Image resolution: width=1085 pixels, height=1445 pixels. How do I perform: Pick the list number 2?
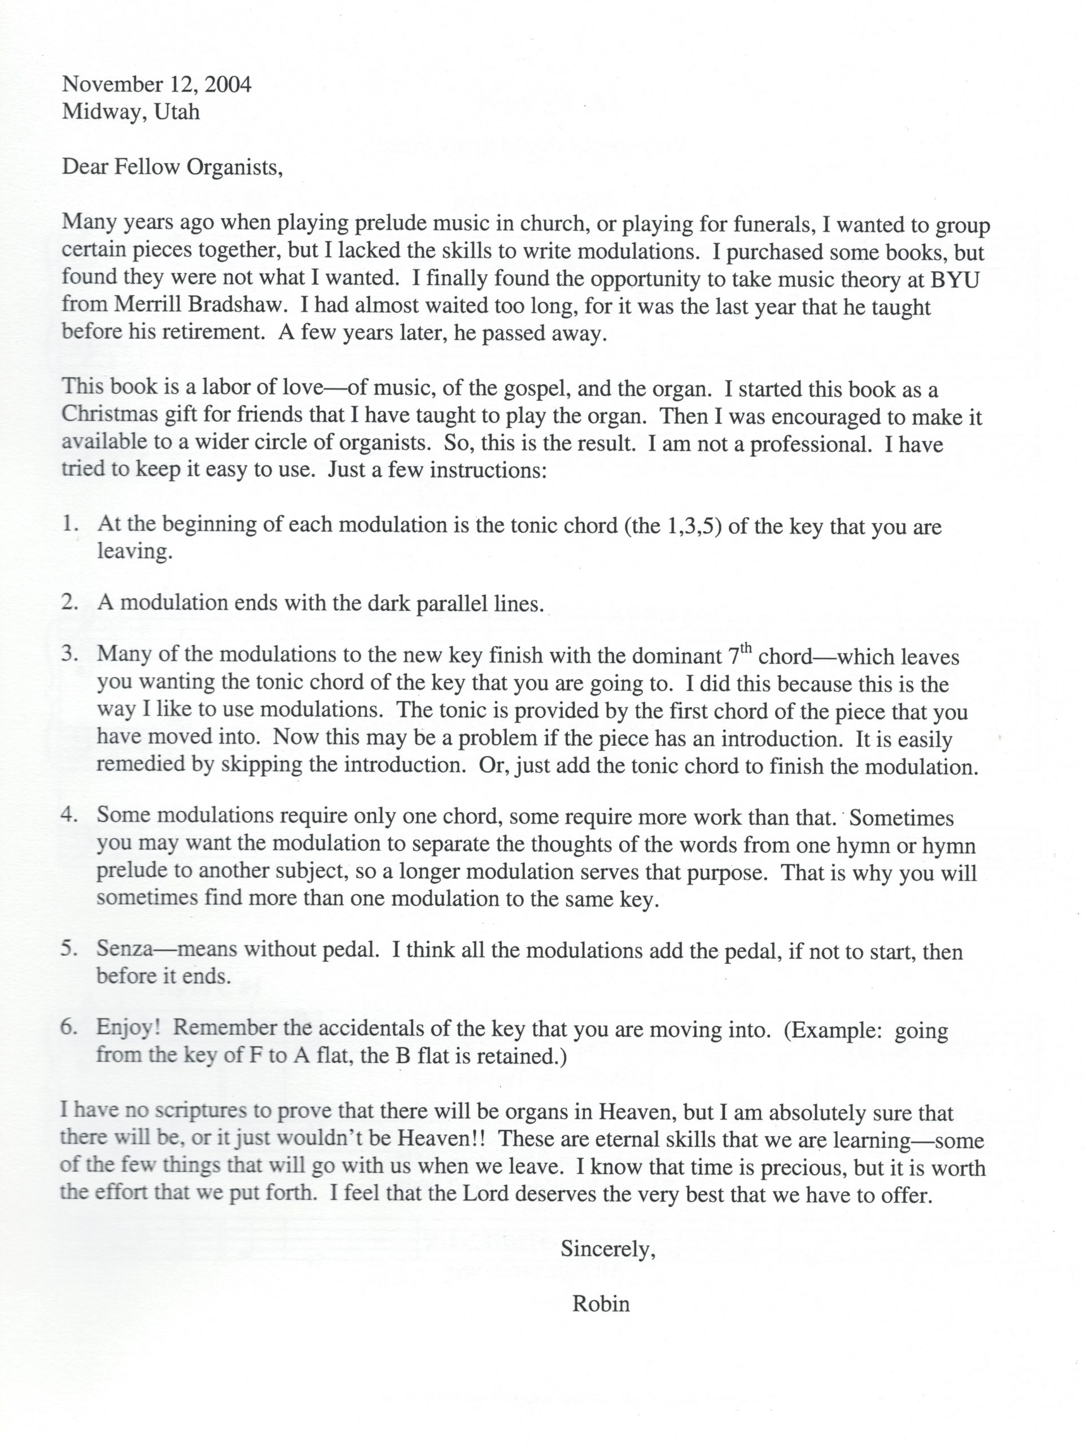pos(70,602)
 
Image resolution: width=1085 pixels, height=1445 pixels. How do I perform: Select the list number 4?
pos(70,815)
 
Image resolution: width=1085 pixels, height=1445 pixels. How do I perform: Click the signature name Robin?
pos(601,1303)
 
